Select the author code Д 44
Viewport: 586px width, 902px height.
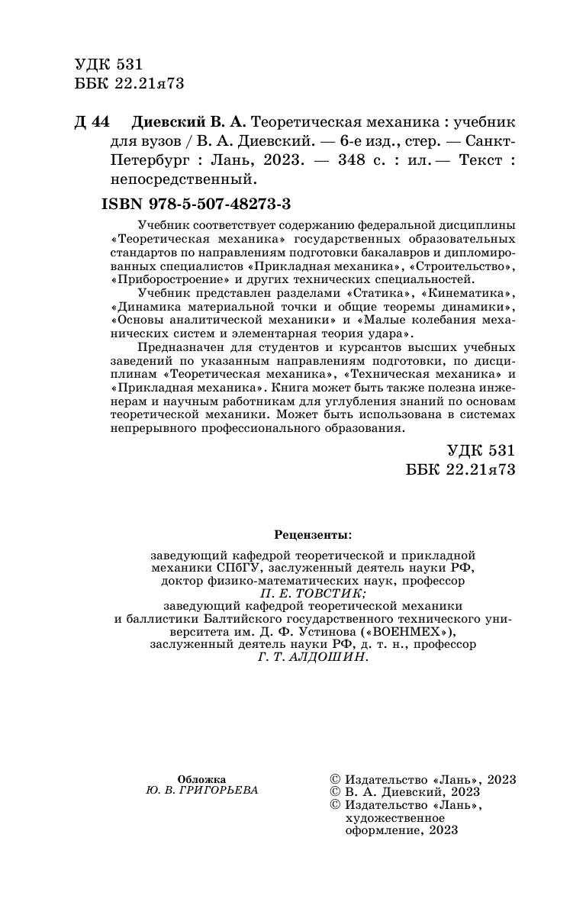click(92, 122)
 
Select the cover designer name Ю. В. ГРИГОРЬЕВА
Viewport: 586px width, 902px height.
click(201, 791)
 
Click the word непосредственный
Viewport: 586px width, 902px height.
click(177, 181)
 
